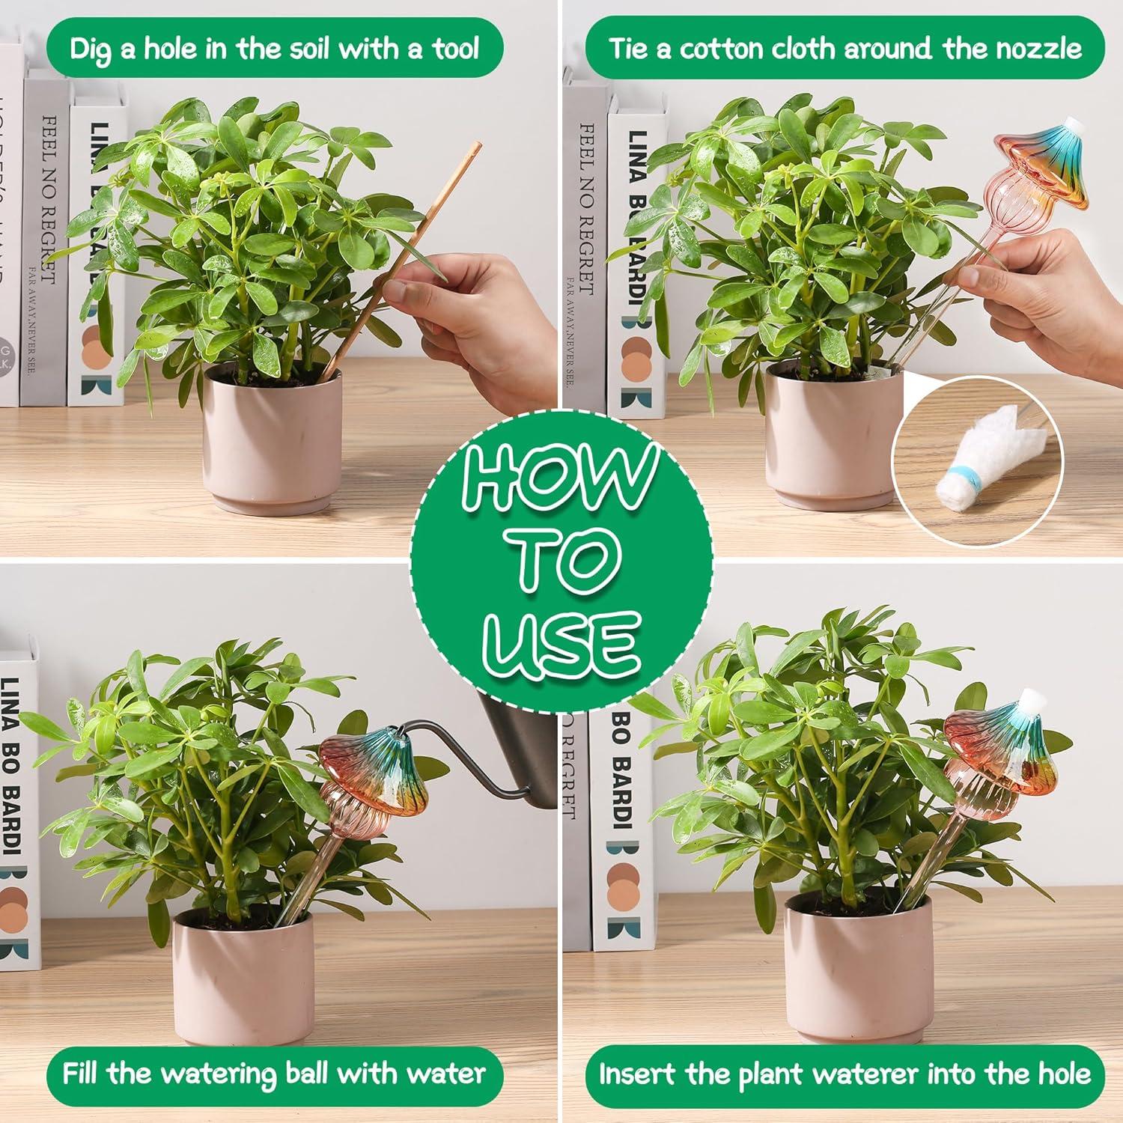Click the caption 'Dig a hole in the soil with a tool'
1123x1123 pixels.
pyautogui.click(x=274, y=49)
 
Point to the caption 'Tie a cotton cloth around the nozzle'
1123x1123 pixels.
pyautogui.click(x=844, y=49)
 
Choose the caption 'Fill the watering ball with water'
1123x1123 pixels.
pyautogui.click(x=273, y=1074)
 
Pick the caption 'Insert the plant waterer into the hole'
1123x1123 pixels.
pyautogui.click(x=844, y=1074)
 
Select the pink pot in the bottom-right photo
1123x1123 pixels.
pyautogui.click(x=857, y=966)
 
